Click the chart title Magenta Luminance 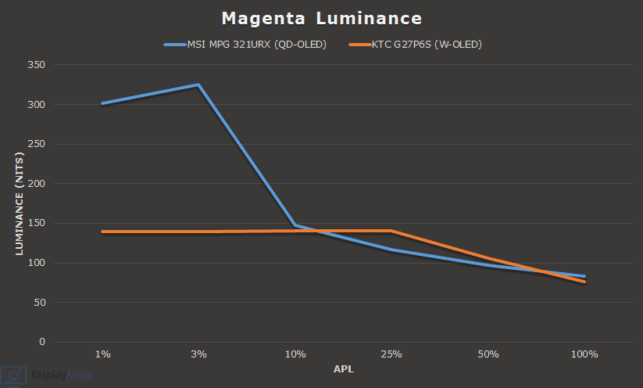321,17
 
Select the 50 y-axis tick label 40,303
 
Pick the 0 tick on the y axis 42,342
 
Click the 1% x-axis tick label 102,354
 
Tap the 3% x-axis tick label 198,354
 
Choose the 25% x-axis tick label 391,354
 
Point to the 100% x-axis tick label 584,354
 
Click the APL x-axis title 343,368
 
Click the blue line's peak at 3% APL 198,84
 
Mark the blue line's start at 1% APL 102,103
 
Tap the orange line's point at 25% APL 391,231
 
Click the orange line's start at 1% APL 102,232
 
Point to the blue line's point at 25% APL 391,250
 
